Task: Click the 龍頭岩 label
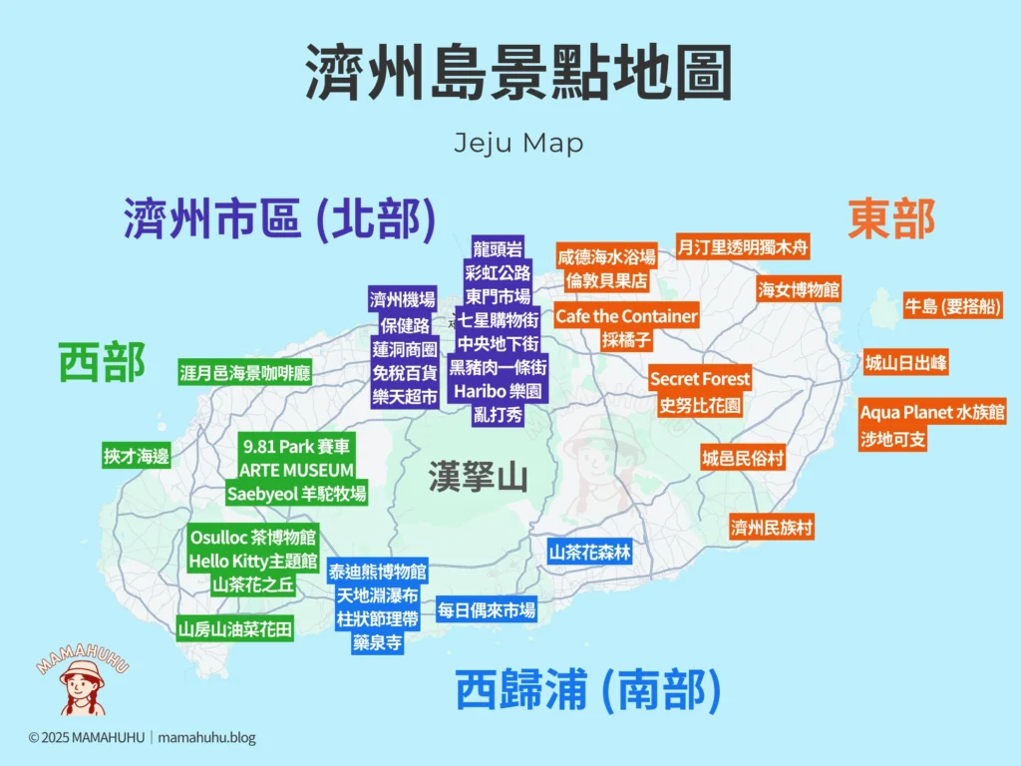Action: click(498, 248)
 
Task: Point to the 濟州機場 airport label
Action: click(403, 299)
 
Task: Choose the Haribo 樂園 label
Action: click(498, 391)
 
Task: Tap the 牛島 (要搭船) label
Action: click(951, 307)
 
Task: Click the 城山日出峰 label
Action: click(905, 363)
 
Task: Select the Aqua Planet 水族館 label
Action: click(932, 412)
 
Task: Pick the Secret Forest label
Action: click(700, 379)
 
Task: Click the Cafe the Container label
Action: click(626, 316)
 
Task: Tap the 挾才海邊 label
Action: click(137, 456)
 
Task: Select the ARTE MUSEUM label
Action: click(296, 469)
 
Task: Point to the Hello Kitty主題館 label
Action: click(253, 562)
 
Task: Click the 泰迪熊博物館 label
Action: click(378, 572)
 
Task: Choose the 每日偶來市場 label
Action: click(487, 609)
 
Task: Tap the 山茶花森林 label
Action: click(589, 552)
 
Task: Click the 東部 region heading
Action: click(891, 219)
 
